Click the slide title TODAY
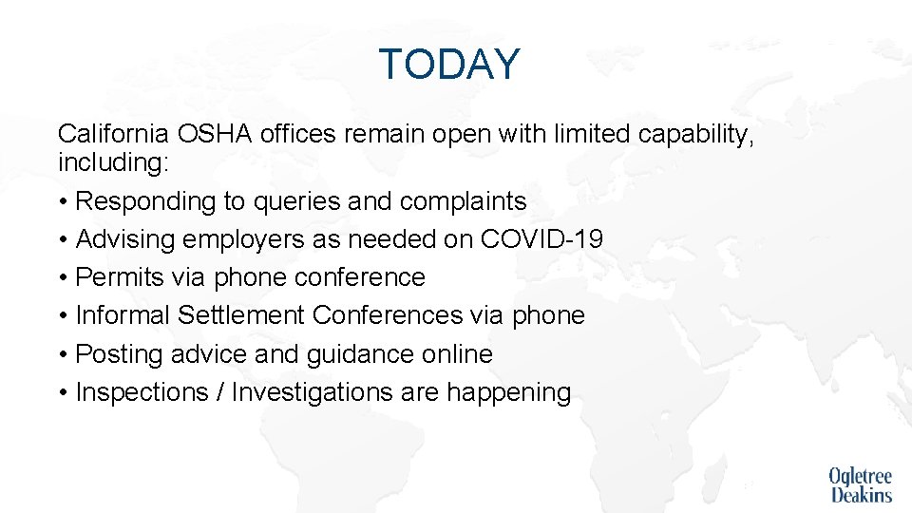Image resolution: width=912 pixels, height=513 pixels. pos(449,65)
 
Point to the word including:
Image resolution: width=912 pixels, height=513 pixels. pos(113,162)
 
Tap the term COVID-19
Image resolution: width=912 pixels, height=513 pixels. pos(541,239)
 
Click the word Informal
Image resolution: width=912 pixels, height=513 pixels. pos(123,315)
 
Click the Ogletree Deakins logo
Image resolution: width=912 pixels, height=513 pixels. pos(860,484)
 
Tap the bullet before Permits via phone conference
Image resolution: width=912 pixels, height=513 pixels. pos(63,278)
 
